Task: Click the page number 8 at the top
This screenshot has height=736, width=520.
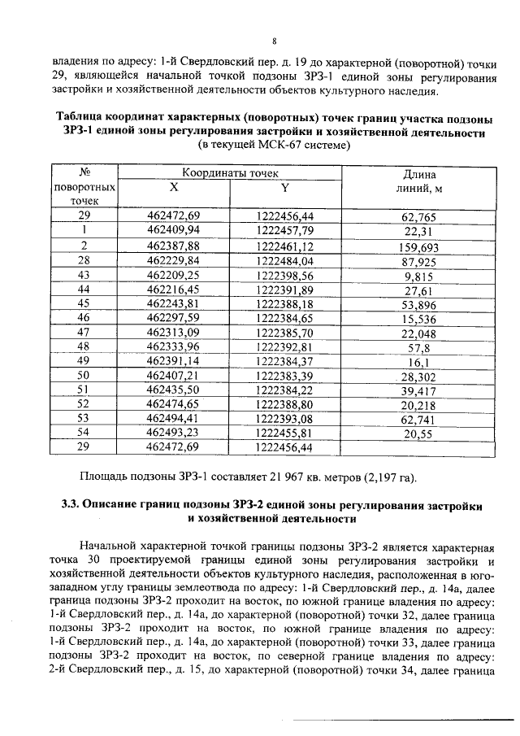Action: point(274,41)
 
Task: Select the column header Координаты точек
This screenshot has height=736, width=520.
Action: point(230,173)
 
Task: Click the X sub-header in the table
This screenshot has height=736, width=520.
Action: point(173,187)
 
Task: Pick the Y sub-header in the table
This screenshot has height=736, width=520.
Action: point(284,187)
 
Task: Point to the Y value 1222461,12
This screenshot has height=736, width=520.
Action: point(284,245)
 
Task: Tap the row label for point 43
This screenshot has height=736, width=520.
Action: point(83,274)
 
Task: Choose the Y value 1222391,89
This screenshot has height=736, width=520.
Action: point(284,289)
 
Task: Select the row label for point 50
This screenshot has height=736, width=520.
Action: point(83,375)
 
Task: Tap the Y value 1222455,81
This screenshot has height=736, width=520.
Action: point(284,433)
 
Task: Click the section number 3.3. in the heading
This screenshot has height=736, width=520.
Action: point(74,504)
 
